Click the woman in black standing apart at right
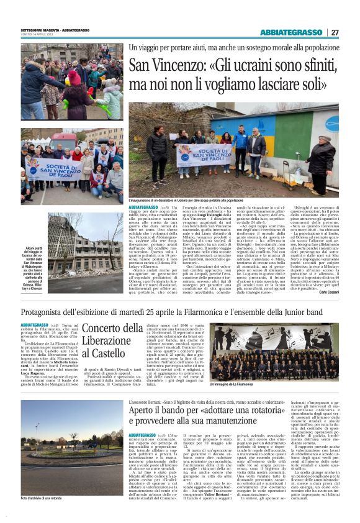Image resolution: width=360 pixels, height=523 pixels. [x=323, y=163]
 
